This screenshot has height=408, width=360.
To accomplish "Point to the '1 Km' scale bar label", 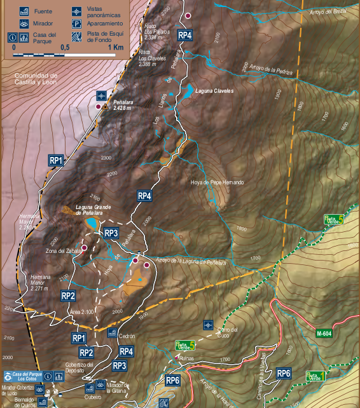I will point(115,48).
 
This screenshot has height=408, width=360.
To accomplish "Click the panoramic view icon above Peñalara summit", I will point(100,95).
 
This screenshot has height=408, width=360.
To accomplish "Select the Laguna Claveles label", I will point(214,91).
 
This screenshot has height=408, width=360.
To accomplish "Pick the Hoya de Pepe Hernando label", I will point(217,183).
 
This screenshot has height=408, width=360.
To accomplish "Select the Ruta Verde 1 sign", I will point(316,376).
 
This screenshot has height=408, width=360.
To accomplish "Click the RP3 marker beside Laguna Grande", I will point(111,233).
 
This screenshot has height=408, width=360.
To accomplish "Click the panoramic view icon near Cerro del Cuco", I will point(207,325).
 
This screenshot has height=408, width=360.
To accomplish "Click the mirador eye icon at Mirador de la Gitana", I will point(101,385).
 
